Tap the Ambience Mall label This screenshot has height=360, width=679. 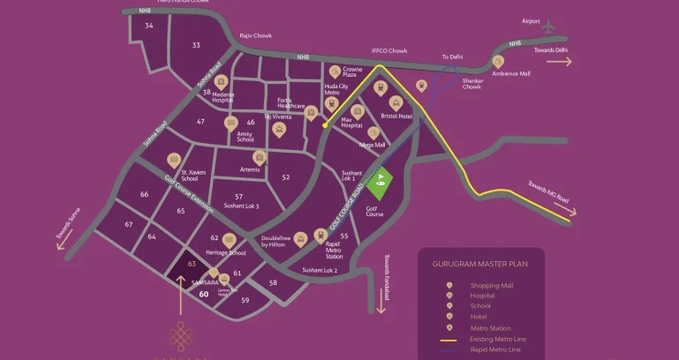pos(512,74)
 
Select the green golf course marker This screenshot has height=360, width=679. pos(381,184)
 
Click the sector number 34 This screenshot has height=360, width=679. pos(149,26)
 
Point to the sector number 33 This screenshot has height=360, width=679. pos(195,45)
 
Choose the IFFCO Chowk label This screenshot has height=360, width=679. pos(388,52)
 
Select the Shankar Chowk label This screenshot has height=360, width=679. pos(472,84)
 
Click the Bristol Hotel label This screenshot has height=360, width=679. pos(396,116)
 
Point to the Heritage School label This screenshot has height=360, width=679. pos(225,252)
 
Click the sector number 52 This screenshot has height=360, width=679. pos(285,177)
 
